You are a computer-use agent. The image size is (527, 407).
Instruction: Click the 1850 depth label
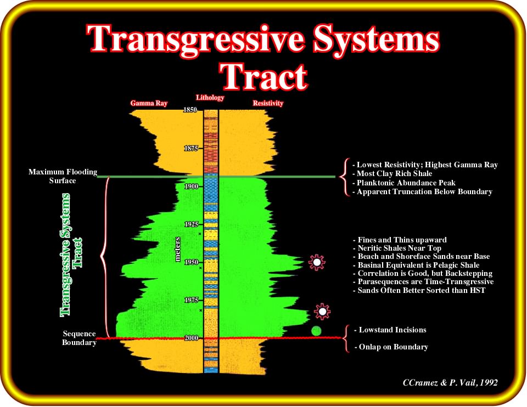190,110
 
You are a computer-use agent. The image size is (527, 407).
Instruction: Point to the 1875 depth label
191,148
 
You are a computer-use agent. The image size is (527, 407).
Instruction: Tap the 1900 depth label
191,186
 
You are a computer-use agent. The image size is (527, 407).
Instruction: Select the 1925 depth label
191,224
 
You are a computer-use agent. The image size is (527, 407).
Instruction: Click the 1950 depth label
191,262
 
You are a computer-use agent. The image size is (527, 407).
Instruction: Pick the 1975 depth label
191,300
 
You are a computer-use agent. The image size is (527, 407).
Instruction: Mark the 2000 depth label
191,338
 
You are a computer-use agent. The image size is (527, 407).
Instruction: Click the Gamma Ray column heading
149,103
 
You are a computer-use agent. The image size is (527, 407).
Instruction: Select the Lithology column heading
210,98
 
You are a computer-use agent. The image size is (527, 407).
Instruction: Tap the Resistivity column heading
268,103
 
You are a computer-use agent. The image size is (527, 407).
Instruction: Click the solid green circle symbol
316,331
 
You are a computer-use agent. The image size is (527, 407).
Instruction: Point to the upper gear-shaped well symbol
317,263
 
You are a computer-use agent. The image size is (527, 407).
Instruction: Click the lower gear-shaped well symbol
322,312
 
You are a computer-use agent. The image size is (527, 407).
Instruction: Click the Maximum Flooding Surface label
63,176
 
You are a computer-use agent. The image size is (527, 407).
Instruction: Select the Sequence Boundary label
79,338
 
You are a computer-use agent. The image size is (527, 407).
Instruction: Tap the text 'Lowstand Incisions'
390,330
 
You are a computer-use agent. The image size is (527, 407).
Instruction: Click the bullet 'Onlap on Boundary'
391,347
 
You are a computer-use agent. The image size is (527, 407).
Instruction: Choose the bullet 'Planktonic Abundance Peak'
404,183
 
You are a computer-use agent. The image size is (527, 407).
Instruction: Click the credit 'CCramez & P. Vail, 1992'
450,382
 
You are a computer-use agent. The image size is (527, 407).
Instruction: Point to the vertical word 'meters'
177,249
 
